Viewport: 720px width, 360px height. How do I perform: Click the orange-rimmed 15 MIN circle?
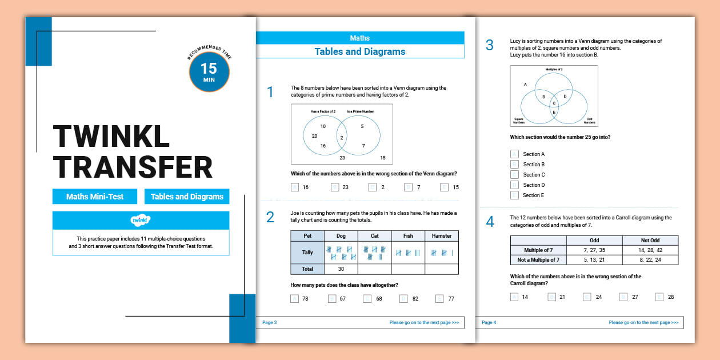click(x=209, y=72)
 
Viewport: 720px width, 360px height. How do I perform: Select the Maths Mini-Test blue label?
click(x=95, y=197)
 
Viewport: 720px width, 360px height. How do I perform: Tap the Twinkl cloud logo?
click(x=141, y=220)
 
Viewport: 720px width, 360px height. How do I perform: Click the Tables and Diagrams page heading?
click(x=359, y=51)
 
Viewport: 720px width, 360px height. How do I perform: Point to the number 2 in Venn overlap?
click(x=341, y=138)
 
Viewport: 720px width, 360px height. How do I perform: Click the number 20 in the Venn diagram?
click(x=314, y=136)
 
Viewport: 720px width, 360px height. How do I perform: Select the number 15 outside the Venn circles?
click(x=382, y=158)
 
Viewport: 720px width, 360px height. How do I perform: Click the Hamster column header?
click(x=441, y=235)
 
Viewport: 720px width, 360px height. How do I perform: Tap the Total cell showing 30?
click(x=341, y=269)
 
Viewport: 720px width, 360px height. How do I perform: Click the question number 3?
click(x=489, y=45)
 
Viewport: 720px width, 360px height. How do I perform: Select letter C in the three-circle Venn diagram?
click(x=553, y=103)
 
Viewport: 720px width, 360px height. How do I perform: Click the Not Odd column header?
click(x=650, y=241)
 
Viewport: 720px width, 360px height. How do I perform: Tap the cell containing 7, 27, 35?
click(x=594, y=250)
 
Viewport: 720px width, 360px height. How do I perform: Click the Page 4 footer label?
click(x=489, y=322)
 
